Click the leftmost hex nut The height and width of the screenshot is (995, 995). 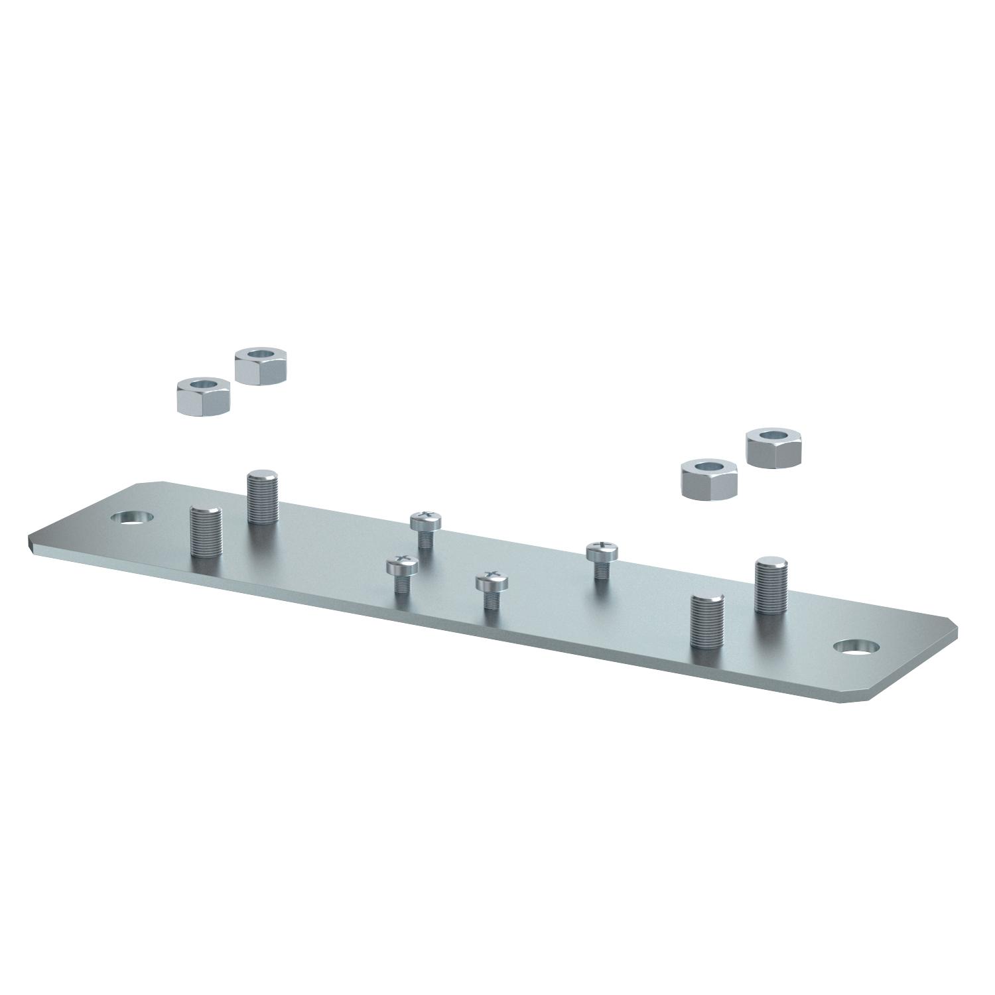(202, 395)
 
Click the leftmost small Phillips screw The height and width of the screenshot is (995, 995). (403, 573)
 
